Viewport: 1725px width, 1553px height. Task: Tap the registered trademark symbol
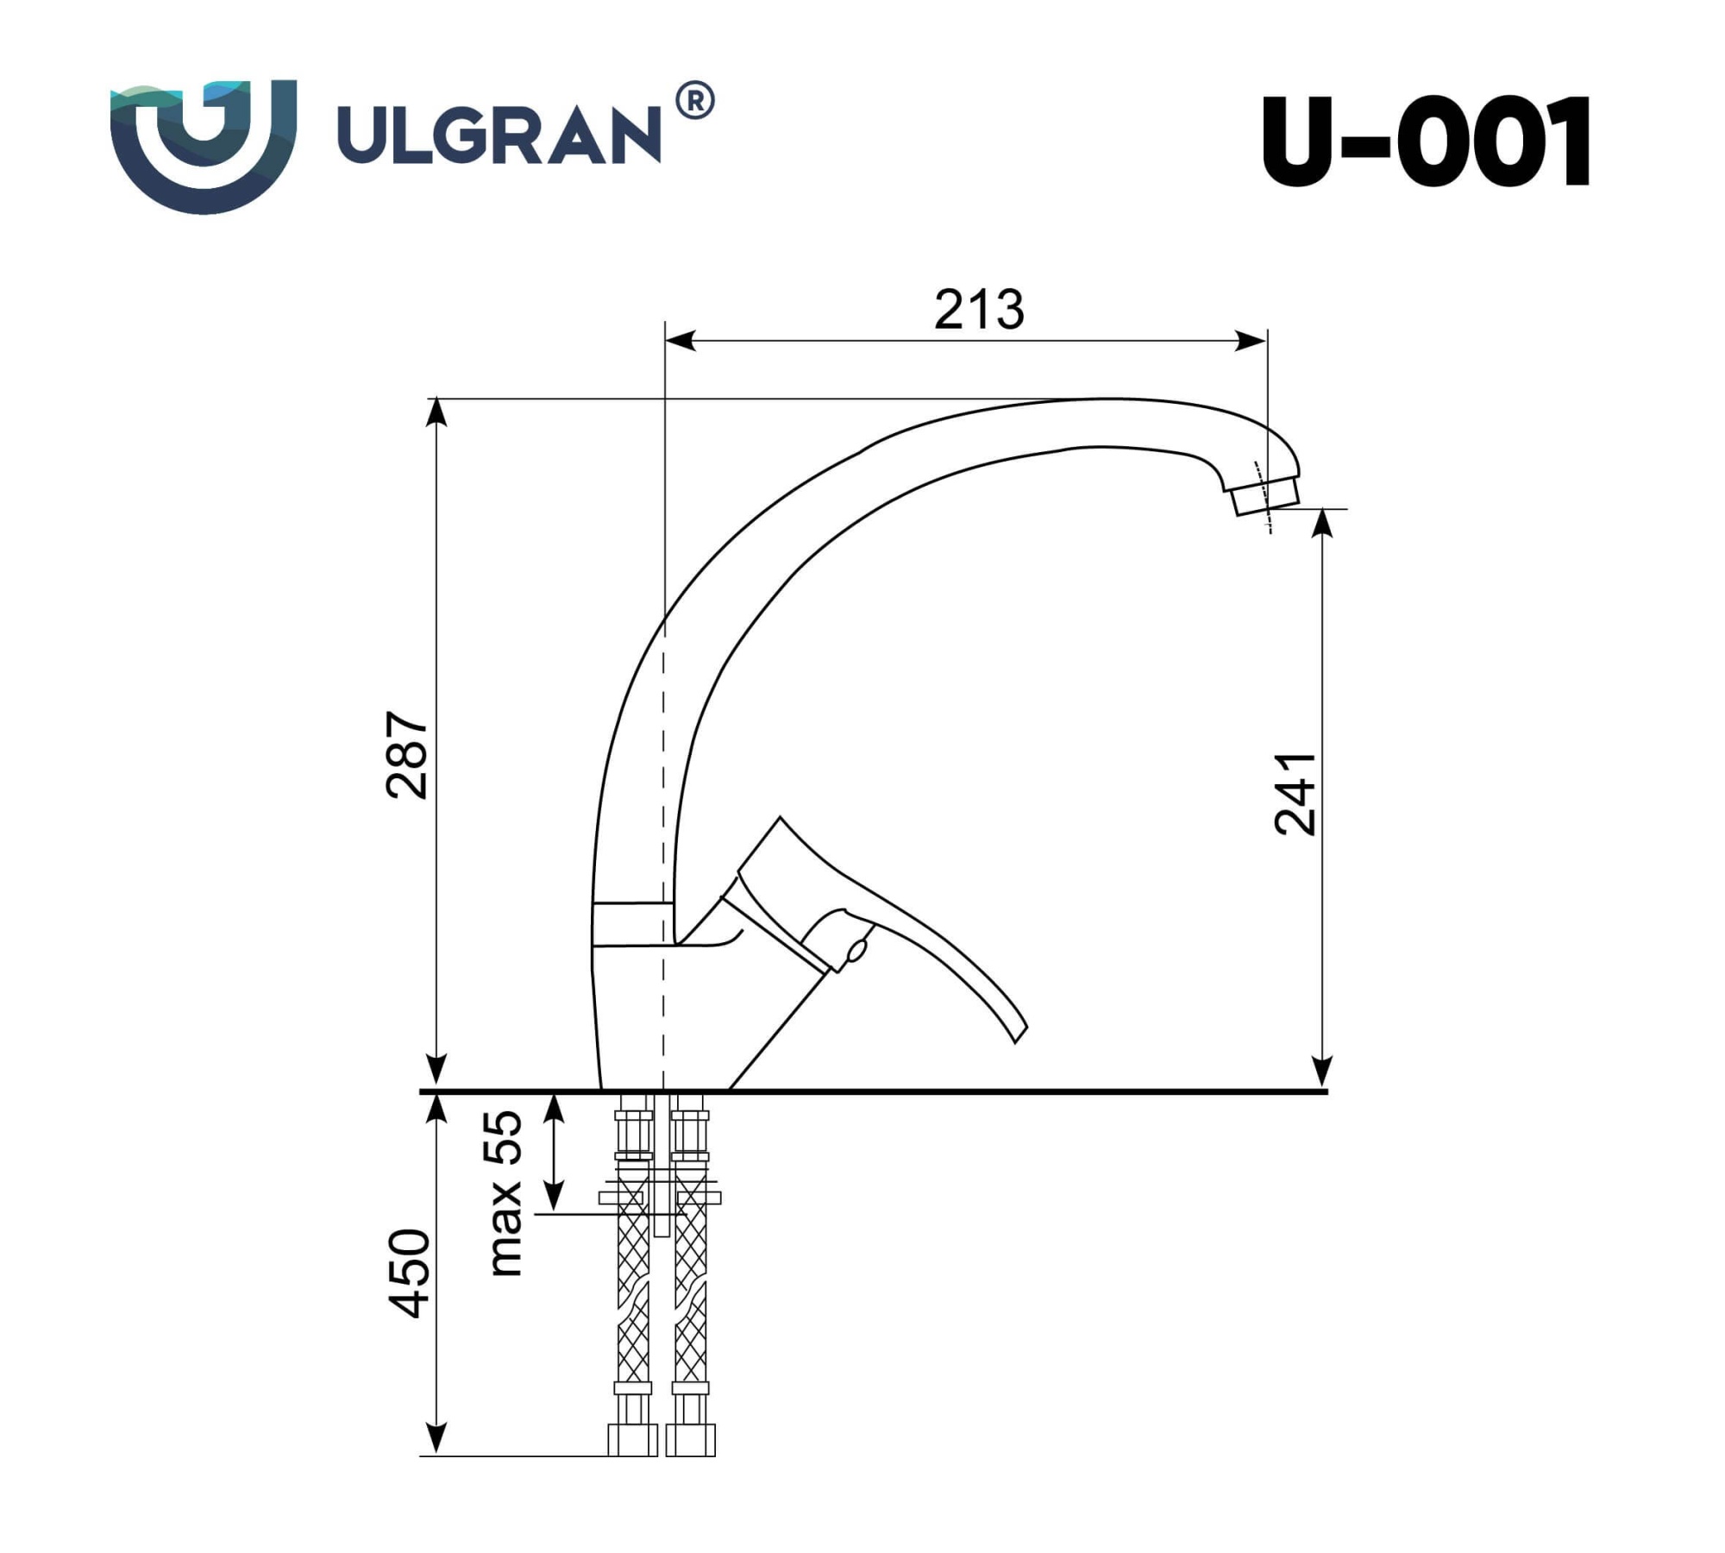click(x=694, y=102)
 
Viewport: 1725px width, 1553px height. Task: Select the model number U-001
click(x=1426, y=143)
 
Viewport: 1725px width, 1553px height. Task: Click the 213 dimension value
click(x=979, y=310)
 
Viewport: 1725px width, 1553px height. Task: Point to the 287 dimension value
click(x=407, y=755)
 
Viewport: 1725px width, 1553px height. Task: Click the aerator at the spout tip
click(x=1266, y=497)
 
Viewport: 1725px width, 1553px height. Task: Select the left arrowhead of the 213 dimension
click(x=681, y=341)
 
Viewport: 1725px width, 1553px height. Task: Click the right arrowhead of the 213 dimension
click(x=1251, y=341)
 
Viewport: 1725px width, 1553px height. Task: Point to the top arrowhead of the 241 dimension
click(x=1322, y=523)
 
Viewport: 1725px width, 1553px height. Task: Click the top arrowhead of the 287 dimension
click(x=437, y=412)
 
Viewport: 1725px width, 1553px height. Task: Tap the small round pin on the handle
click(x=856, y=951)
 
